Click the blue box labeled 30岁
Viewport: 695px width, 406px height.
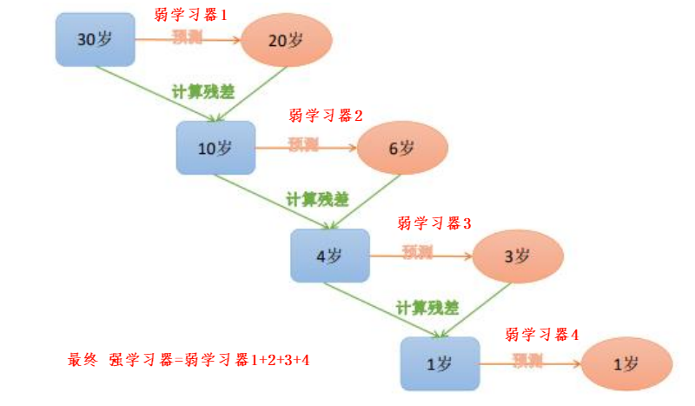95,40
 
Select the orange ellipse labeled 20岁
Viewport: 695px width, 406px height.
288,40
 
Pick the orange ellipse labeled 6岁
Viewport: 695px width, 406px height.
402,148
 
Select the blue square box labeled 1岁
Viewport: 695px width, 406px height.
440,363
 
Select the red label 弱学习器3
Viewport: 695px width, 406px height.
434,223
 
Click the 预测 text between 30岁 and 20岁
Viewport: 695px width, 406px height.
185,36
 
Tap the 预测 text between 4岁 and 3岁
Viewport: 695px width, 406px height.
417,251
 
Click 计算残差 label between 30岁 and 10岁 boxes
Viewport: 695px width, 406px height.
201,90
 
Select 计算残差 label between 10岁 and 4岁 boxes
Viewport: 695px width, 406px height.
317,198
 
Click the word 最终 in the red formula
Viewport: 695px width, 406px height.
82,359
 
